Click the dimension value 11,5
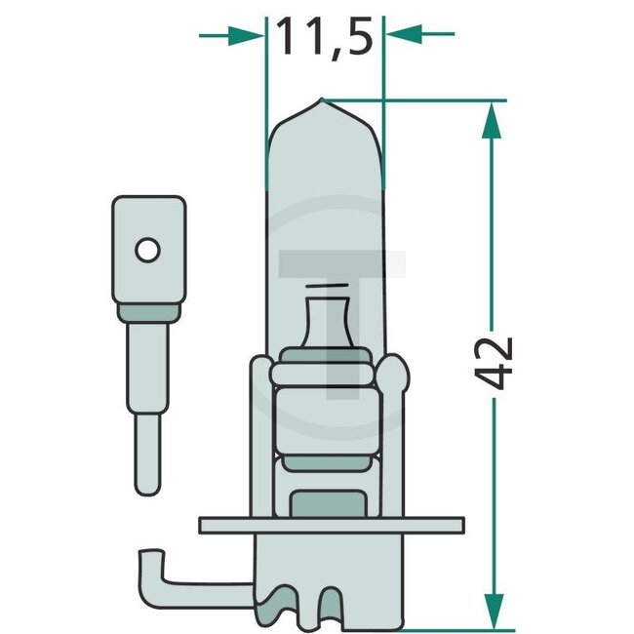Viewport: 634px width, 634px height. [325, 37]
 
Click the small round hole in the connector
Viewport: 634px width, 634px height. [147, 250]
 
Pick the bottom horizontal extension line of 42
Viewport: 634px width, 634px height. [439, 627]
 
